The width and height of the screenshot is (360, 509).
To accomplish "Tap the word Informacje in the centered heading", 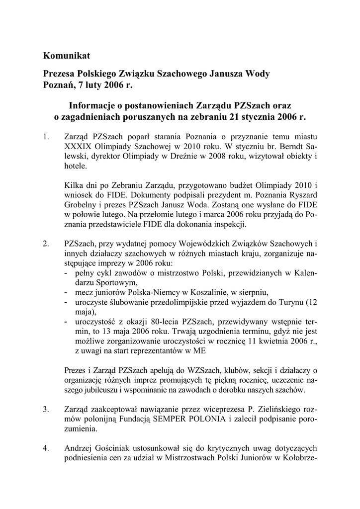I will [93, 106].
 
